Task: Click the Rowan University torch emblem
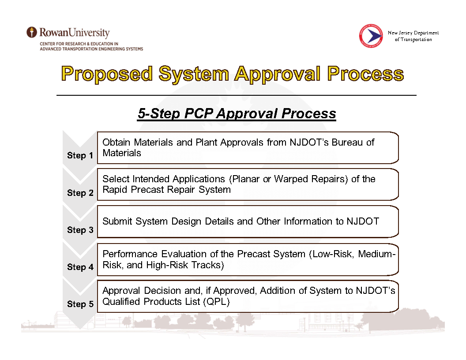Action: (x=32, y=32)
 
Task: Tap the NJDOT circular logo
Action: (x=371, y=36)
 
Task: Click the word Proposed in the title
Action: (x=107, y=74)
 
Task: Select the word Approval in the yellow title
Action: (x=278, y=74)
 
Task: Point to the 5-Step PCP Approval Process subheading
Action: (x=237, y=113)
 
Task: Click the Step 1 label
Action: (x=80, y=155)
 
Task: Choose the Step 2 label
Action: (x=80, y=193)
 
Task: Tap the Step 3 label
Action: (x=80, y=230)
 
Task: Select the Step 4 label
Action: (x=80, y=267)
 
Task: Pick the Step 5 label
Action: (x=80, y=304)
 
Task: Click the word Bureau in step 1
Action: (x=347, y=142)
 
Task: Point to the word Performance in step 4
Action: (x=130, y=254)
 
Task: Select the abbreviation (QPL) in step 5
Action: (x=216, y=302)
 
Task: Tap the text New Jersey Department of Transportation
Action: (x=413, y=36)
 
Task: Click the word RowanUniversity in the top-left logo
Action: (x=74, y=32)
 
